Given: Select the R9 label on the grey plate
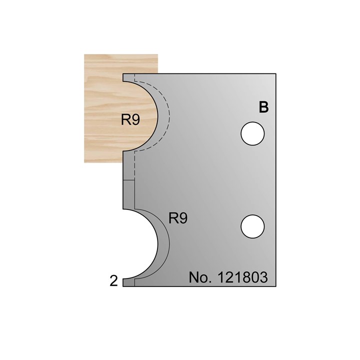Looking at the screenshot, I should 178,218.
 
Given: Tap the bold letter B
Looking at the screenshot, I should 263,107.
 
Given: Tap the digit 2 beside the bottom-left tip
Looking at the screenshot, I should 113,281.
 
